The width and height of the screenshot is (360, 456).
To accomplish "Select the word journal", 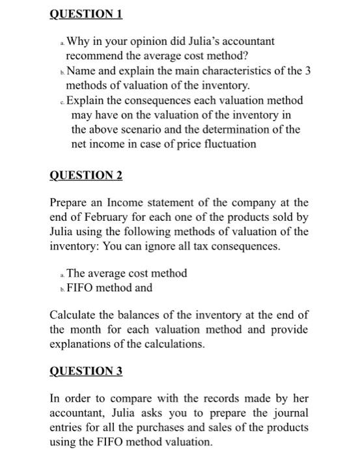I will click(292, 412).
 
